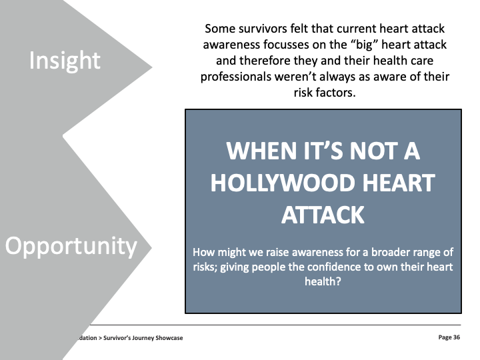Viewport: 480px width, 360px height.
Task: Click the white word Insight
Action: tap(65, 61)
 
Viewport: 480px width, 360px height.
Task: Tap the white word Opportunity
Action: tap(71, 247)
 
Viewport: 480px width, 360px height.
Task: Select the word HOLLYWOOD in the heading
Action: tap(282, 183)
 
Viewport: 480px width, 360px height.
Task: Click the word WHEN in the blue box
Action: tap(262, 151)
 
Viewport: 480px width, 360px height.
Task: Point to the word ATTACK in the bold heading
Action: tap(323, 215)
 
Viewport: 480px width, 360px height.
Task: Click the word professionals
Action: tap(236, 77)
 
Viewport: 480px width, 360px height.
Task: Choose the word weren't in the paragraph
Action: tap(295, 77)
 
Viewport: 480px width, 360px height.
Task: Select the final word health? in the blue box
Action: tap(323, 281)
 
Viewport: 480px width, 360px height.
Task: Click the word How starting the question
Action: tap(201, 252)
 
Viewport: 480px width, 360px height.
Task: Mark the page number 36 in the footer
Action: tap(457, 337)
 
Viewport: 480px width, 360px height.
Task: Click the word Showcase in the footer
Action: tap(169, 338)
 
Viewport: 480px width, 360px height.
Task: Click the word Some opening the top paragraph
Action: tap(221, 29)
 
